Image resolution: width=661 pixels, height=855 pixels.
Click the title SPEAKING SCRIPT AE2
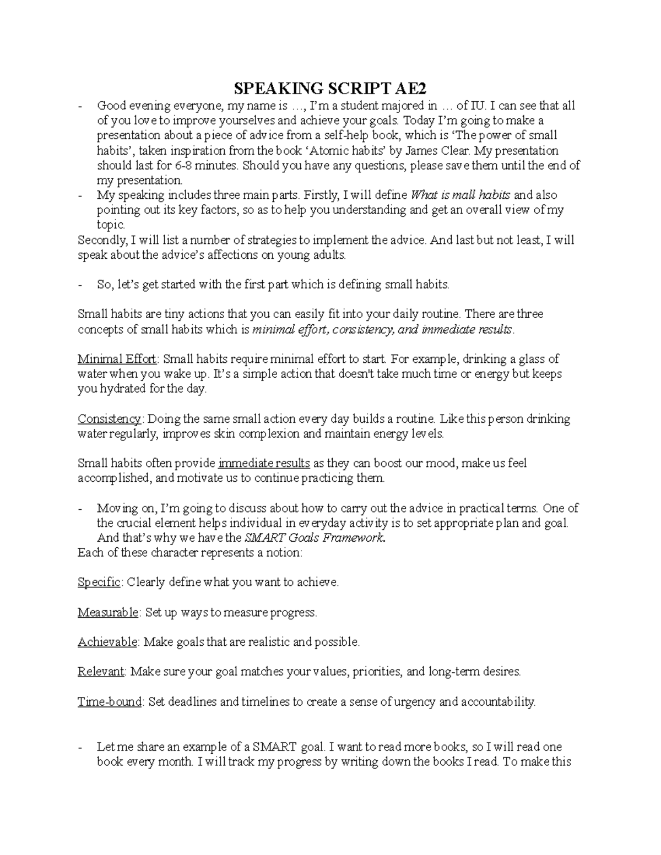coord(330,88)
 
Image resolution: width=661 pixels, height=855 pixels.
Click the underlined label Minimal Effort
coord(117,360)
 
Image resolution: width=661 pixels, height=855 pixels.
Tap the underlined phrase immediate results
coord(264,464)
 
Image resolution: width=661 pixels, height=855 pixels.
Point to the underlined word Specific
coord(99,582)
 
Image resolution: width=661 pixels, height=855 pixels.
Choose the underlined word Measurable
coord(108,612)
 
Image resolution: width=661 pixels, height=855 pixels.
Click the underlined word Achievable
coord(107,642)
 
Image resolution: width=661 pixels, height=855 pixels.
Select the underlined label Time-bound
coord(109,702)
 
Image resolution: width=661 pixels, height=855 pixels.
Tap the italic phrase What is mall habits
coord(460,195)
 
